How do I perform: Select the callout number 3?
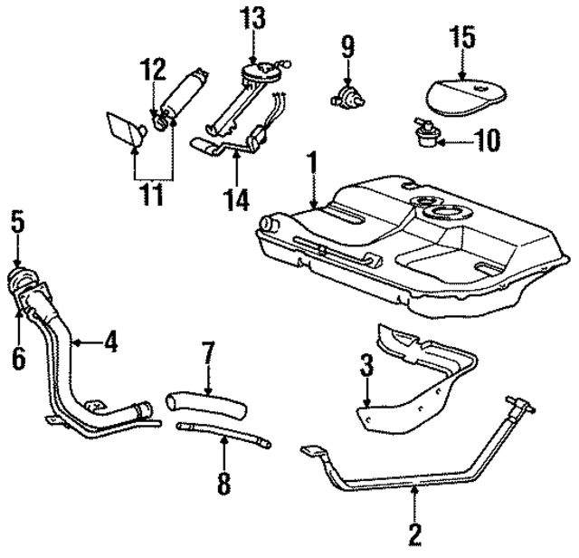coord(365,367)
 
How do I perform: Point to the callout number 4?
coord(110,342)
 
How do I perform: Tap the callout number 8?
coord(223,482)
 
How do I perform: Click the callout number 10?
coord(486,139)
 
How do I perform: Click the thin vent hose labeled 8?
coord(222,433)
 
